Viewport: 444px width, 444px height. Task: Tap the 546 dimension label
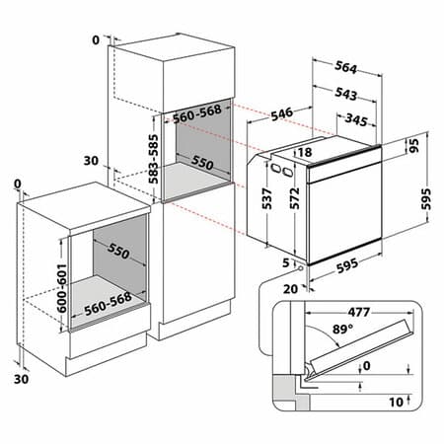[282, 114]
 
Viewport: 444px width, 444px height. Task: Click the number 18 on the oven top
[303, 152]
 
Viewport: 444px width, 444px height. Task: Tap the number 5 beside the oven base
[284, 262]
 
